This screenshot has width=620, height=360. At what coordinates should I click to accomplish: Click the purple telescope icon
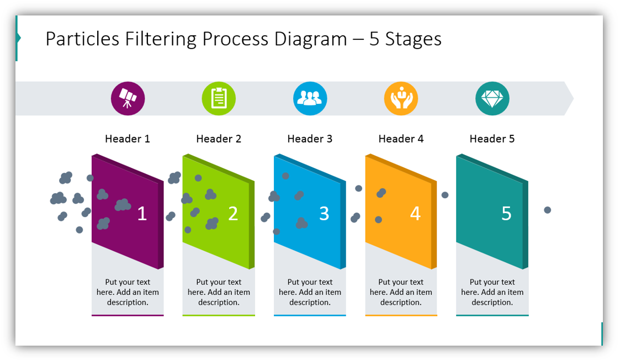pos(128,99)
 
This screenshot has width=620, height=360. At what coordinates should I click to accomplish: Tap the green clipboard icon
pos(219,99)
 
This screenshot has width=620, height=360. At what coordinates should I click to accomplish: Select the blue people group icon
pos(310,99)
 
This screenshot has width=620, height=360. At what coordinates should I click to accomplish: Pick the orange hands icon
pos(401,99)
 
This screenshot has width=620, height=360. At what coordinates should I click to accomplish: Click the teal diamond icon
pos(492,99)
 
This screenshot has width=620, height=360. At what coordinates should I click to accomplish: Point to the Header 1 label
pos(128,139)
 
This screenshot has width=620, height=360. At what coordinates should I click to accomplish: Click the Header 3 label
pos(310,139)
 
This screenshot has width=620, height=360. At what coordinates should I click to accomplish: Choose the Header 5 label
pos(492,139)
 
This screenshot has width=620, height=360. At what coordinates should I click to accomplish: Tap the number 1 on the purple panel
pos(142,214)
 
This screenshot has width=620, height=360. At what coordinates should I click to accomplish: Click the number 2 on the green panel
pos(233,214)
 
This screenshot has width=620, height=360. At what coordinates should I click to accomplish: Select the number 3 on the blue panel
pos(324,214)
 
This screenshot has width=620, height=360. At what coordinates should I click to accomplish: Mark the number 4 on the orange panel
pos(415,214)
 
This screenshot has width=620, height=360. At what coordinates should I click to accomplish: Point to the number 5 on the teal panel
pos(506,214)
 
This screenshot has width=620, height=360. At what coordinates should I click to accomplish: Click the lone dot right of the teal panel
pos(547,210)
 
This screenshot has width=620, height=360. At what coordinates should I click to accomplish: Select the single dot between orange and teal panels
pos(445,195)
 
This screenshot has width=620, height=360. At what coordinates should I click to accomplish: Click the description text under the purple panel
pos(128,292)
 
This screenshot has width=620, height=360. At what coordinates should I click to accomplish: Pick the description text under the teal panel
pos(492,292)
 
